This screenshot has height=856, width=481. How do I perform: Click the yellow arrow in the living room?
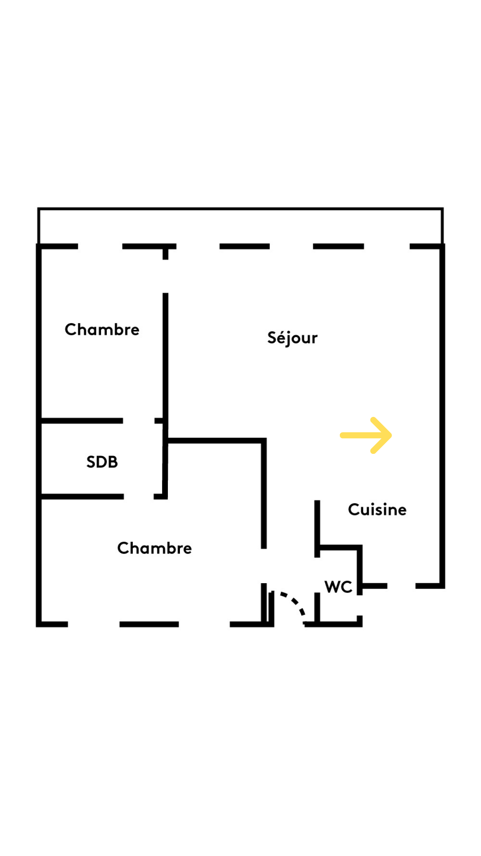pyautogui.click(x=365, y=436)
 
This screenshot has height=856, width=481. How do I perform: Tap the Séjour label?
pyautogui.click(x=292, y=338)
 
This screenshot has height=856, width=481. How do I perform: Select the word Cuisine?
pyautogui.click(x=377, y=510)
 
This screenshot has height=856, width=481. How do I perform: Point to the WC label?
pyautogui.click(x=338, y=587)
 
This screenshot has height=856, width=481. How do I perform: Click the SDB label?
pyautogui.click(x=102, y=462)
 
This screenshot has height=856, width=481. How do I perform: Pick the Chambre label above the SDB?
pyautogui.click(x=102, y=329)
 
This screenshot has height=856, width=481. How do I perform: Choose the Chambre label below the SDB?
pyautogui.click(x=154, y=548)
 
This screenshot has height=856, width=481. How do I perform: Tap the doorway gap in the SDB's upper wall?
pyautogui.click(x=139, y=421)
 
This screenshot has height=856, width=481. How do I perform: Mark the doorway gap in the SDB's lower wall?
pyautogui.click(x=139, y=496)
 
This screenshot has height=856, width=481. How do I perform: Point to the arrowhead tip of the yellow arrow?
pyautogui.click(x=390, y=436)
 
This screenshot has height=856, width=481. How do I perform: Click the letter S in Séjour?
pyautogui.click(x=271, y=337)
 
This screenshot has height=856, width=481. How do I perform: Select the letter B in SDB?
pyautogui.click(x=113, y=462)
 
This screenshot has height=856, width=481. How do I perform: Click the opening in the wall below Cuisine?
pyautogui.click(x=401, y=586)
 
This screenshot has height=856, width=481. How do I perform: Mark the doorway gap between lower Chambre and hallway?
pyautogui.click(x=264, y=566)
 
